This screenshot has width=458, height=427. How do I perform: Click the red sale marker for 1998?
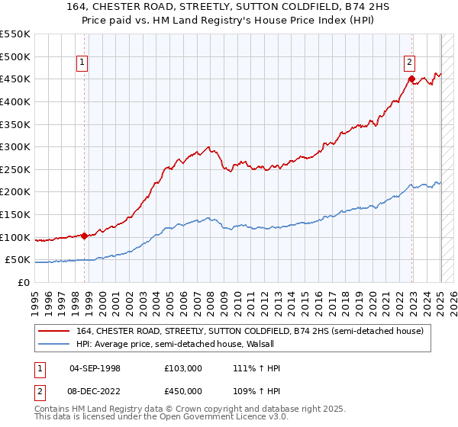click(x=84, y=236)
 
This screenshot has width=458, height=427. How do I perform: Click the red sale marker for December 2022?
click(x=411, y=79)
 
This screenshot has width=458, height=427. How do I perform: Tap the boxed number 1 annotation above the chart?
click(x=81, y=63)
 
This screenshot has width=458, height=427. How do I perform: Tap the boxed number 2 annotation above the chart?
click(x=409, y=63)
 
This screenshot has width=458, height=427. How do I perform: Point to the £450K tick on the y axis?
click(x=15, y=79)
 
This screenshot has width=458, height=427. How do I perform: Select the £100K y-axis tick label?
click(x=15, y=237)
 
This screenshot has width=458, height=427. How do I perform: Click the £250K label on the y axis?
click(x=15, y=169)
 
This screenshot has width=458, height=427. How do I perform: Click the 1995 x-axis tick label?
click(x=35, y=297)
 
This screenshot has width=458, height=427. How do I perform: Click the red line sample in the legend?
click(x=54, y=331)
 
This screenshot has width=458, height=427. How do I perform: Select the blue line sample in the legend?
click(x=54, y=345)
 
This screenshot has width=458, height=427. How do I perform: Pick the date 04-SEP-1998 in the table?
click(x=95, y=368)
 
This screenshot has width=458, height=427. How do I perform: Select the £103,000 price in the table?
click(x=182, y=368)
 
